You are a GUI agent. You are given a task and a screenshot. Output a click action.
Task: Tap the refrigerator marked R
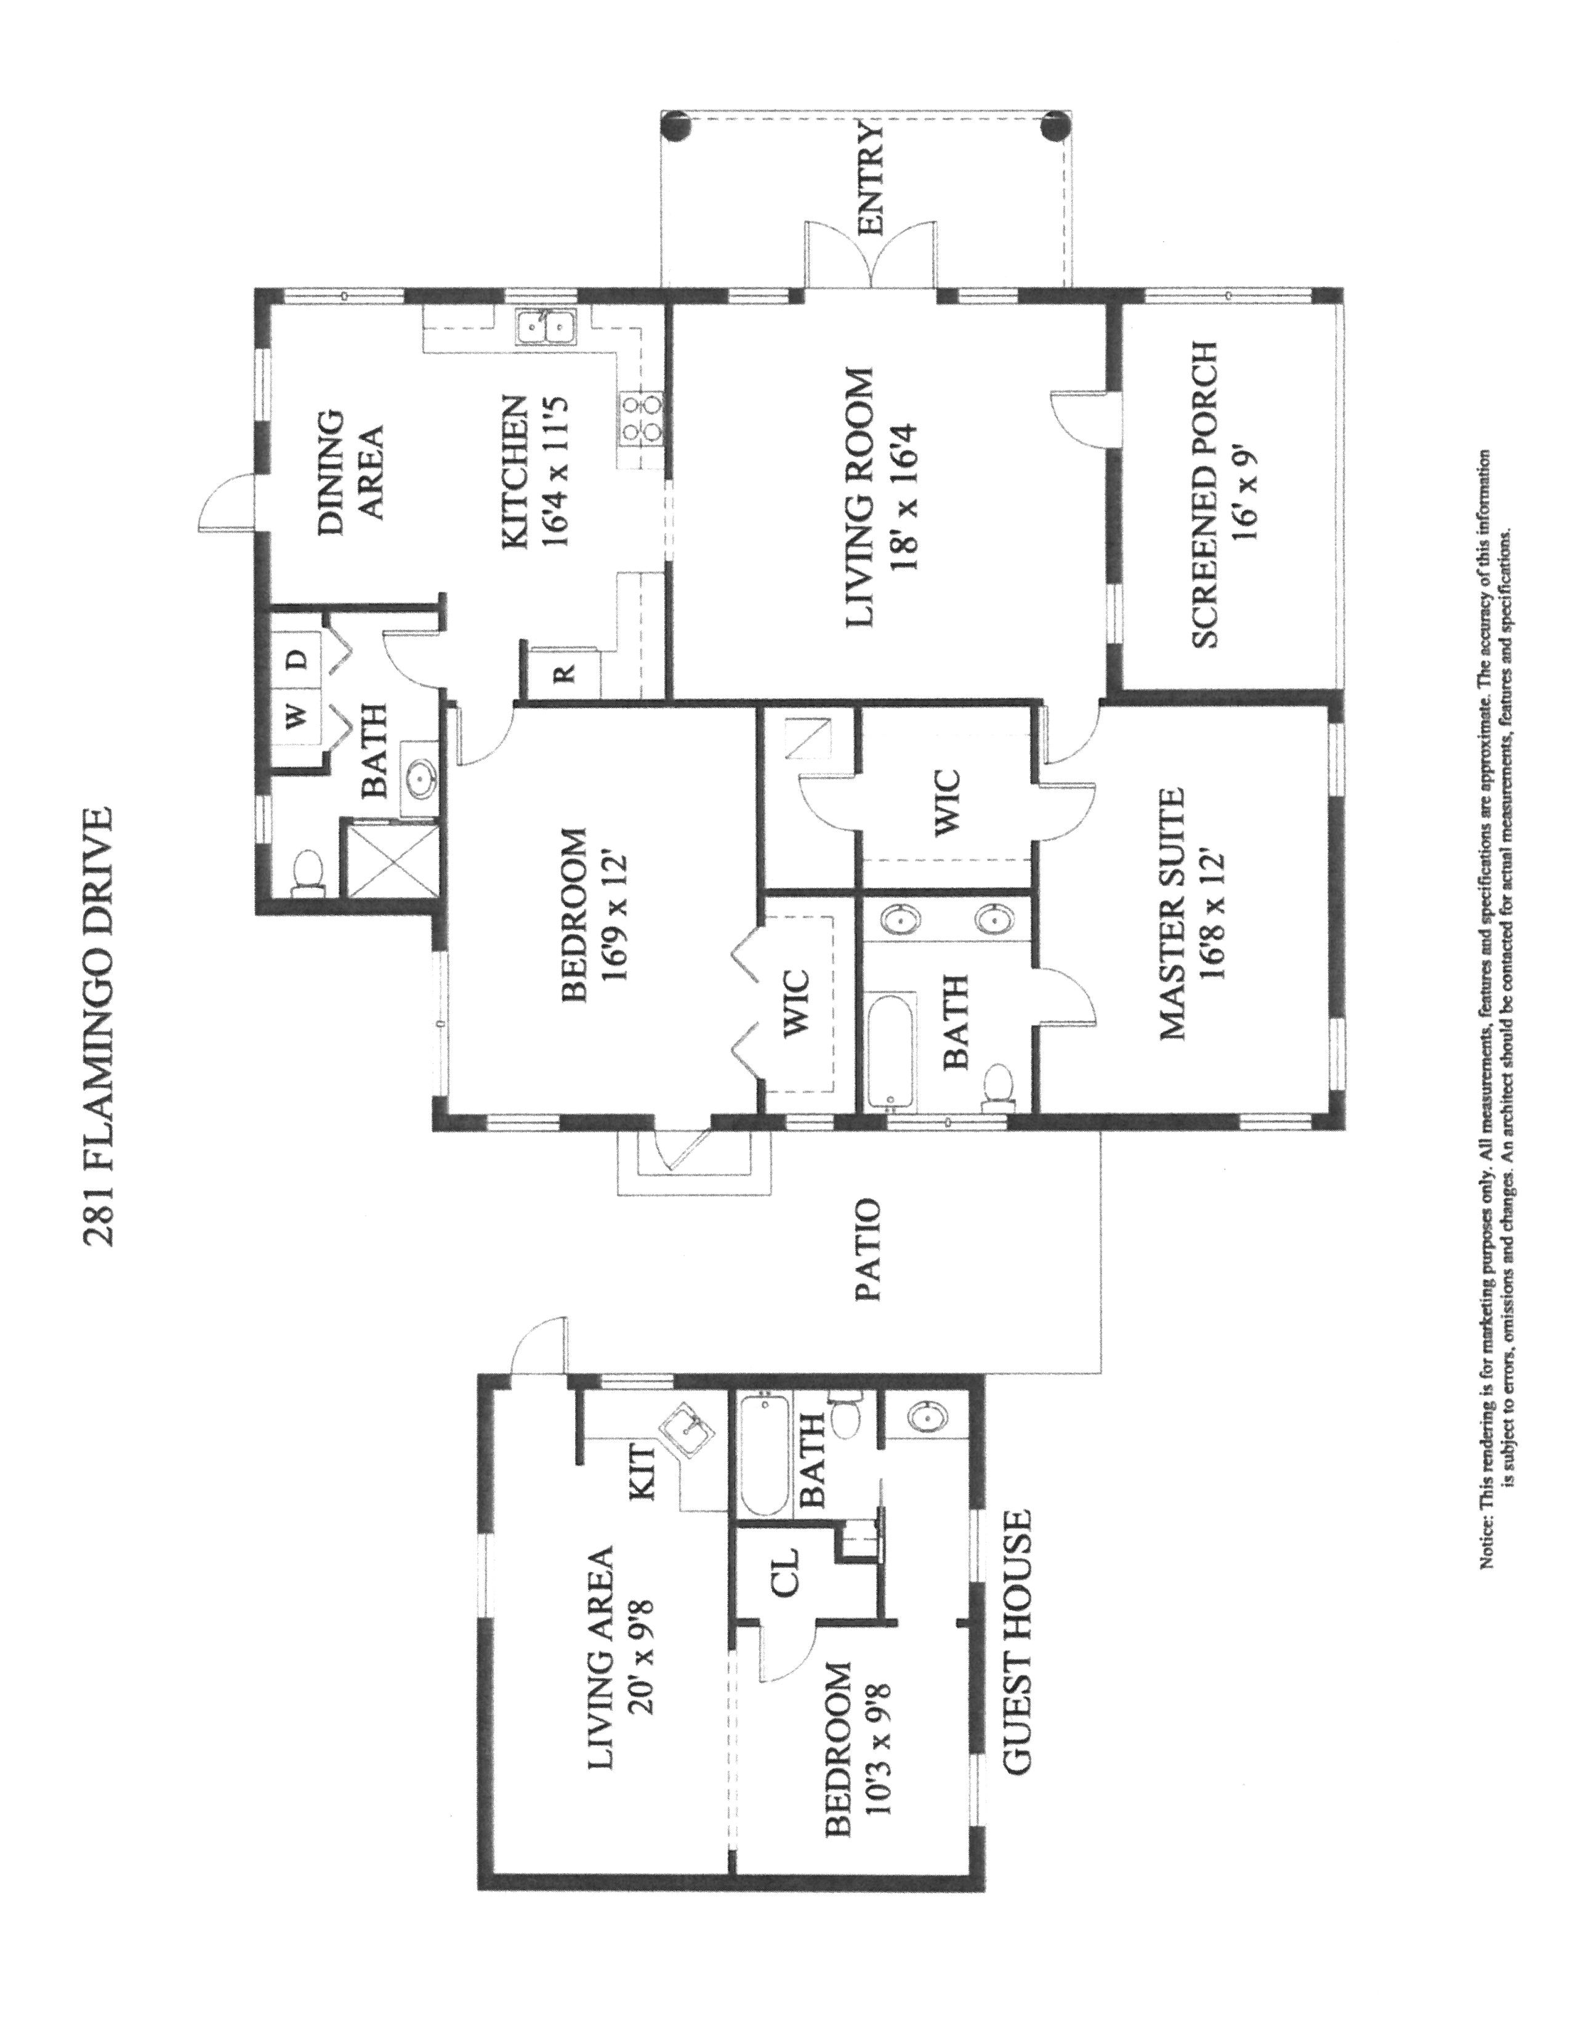tap(563, 671)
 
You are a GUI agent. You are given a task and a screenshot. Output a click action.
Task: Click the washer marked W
tap(296, 717)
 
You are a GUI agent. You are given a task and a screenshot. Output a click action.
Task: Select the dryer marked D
tap(296, 659)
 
